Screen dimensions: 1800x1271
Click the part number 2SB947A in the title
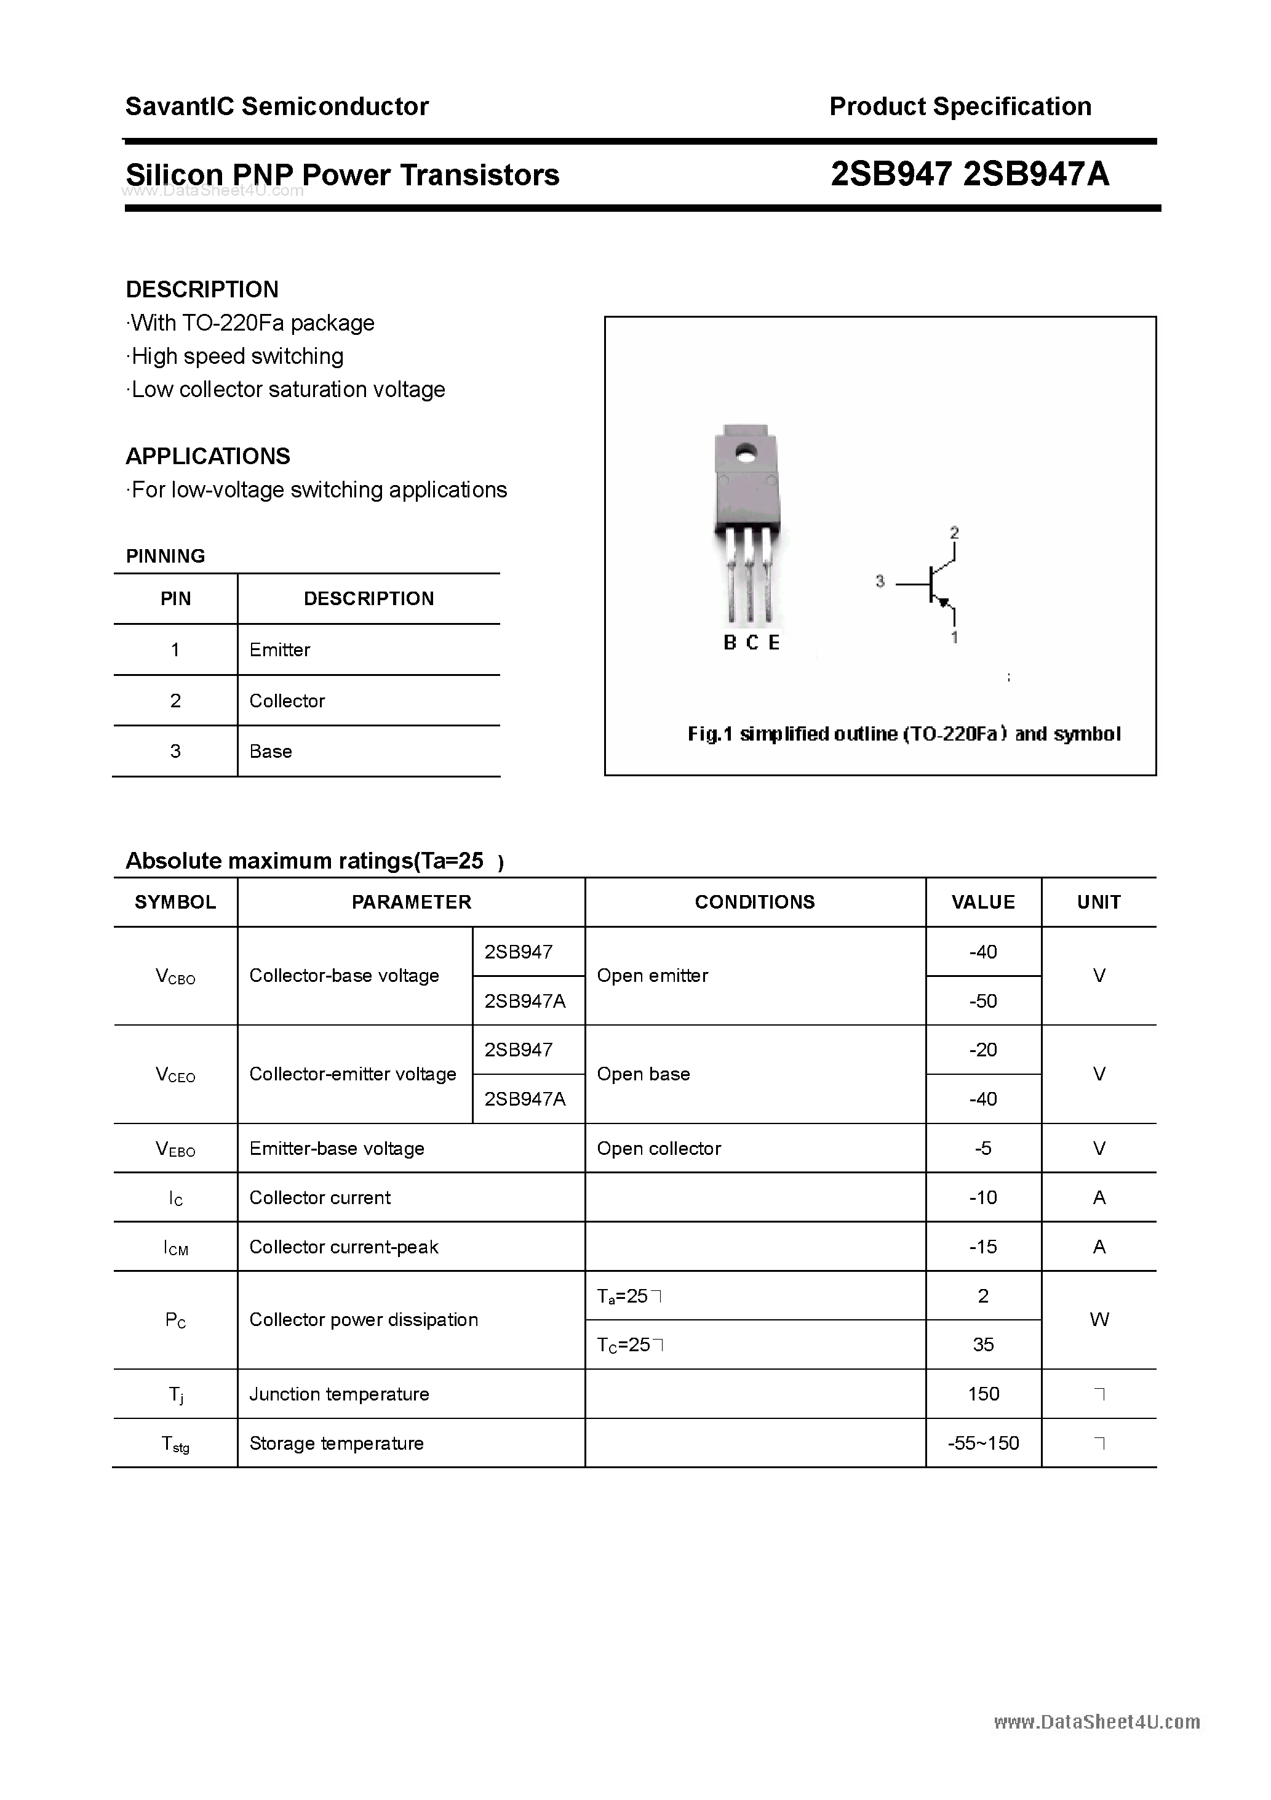coord(1036,174)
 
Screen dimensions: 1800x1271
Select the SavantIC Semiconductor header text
coord(277,106)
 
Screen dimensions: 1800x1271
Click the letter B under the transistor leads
coord(730,643)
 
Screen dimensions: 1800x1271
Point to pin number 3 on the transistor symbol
coord(880,581)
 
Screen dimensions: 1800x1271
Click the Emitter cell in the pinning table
coord(280,650)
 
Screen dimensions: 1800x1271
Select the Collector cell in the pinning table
coord(287,701)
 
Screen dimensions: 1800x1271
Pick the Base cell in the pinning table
coord(270,751)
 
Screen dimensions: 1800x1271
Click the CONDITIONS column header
coord(755,902)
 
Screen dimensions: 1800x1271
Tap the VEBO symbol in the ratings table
coord(175,1149)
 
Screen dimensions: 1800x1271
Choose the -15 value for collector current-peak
coord(982,1247)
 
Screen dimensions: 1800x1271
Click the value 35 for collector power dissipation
coord(982,1345)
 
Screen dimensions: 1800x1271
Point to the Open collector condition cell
coord(658,1149)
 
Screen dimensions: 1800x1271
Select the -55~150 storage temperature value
coord(982,1444)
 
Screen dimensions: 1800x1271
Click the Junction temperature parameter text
coord(338,1394)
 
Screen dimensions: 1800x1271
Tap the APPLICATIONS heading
coord(208,456)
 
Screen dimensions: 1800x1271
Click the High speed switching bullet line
coord(237,356)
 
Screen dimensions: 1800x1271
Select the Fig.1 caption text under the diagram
coord(904,734)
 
